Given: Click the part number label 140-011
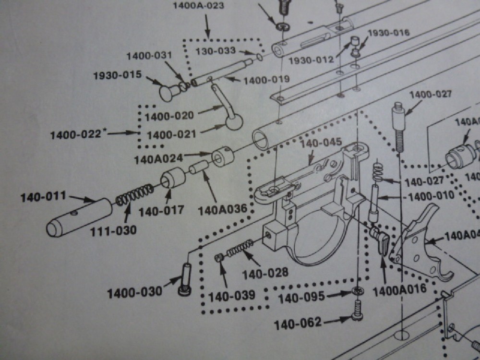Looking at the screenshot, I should (x=42, y=197).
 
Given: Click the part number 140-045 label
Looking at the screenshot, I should (x=321, y=142).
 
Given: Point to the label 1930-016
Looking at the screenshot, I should (x=388, y=33).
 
